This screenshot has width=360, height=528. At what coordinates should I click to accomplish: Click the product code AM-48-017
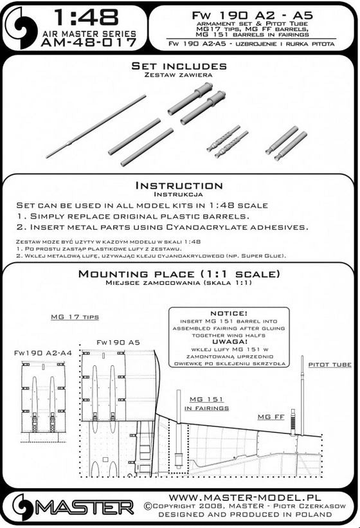[89, 42]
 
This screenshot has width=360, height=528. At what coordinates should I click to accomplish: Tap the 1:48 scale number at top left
[86, 17]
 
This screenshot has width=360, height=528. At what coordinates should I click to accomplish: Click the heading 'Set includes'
[179, 66]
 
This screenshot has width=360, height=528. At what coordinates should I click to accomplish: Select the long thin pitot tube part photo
[96, 126]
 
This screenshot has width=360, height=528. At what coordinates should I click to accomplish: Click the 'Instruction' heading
[179, 186]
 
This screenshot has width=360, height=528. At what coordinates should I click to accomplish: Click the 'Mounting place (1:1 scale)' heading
[179, 274]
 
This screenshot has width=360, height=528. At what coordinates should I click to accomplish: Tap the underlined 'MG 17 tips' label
[75, 317]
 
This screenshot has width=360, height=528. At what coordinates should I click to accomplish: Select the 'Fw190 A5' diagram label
[118, 342]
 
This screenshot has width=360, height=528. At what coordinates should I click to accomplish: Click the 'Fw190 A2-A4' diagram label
[42, 353]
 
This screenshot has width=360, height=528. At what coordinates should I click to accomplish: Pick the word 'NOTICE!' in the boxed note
[229, 313]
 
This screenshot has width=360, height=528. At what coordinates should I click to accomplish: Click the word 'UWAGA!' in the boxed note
[229, 342]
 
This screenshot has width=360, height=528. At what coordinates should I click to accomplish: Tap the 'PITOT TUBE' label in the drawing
[330, 365]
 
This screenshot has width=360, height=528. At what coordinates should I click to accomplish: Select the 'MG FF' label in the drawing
[271, 417]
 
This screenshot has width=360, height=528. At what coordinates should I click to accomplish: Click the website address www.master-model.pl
[244, 498]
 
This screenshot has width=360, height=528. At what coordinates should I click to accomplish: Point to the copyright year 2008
[210, 506]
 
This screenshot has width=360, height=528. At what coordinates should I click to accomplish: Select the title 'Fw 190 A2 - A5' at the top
[253, 15]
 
